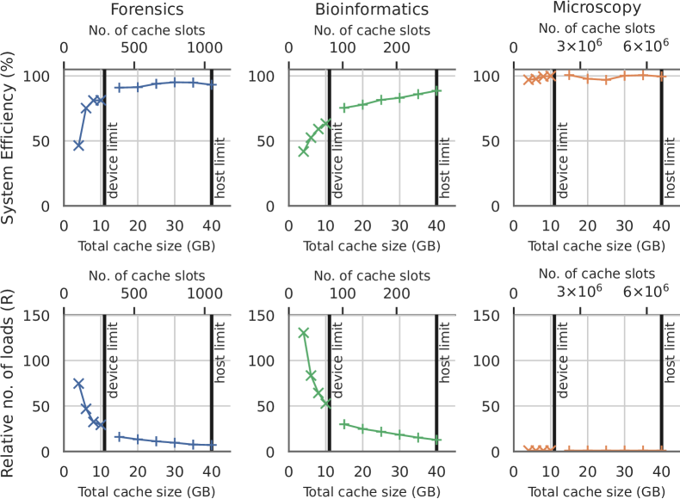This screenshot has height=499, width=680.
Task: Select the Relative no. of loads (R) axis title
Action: click(10, 383)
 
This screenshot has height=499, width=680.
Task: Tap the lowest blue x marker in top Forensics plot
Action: click(78, 145)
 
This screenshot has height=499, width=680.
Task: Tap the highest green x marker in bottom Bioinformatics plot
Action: click(303, 333)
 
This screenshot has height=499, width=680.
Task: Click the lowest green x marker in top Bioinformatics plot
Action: click(303, 151)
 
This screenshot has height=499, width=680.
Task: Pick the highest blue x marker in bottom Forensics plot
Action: click(78, 384)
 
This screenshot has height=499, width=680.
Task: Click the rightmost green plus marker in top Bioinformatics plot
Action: click(436, 90)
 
